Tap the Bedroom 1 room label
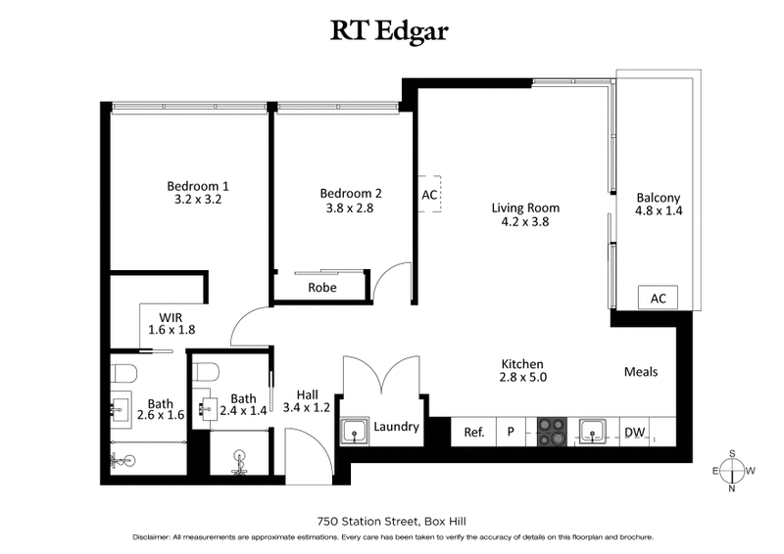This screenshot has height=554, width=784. (198, 186)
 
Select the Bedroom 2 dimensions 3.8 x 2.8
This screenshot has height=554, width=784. (351, 208)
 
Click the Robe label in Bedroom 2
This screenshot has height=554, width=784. (322, 288)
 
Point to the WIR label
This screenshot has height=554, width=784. (172, 316)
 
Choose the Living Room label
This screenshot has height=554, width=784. (525, 208)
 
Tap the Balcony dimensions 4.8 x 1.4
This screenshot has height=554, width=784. (658, 209)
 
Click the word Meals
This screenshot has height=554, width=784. (640, 372)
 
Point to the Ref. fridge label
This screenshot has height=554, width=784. (474, 430)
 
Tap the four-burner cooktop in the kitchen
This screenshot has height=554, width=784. (550, 430)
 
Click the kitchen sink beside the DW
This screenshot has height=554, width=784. (592, 430)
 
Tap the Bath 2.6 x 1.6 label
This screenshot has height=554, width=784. (160, 408)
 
